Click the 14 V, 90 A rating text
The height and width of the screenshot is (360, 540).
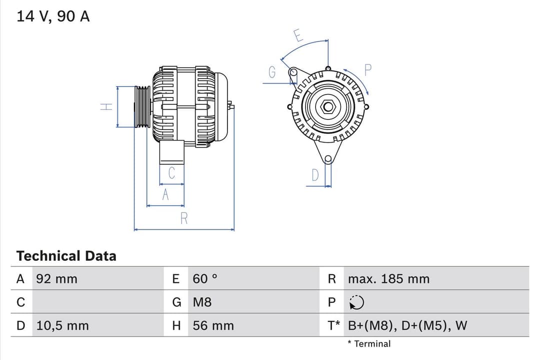pos(53,16)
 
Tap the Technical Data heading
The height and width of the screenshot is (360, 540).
pos(66,256)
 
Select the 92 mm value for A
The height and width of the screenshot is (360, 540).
pos(56,279)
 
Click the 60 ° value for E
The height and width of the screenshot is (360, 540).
pos(205,279)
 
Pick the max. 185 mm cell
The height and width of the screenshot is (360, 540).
pos(388,279)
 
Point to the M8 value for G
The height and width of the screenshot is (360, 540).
pos(202,302)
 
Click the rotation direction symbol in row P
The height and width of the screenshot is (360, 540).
pos(356,302)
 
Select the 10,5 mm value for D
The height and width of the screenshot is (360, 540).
pos(62,326)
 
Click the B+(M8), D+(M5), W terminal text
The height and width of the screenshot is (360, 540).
pos(407,326)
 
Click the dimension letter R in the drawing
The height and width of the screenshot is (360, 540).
pos(183,218)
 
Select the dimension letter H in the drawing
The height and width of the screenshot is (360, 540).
pos(106,107)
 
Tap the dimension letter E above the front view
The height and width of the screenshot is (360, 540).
pos(298,36)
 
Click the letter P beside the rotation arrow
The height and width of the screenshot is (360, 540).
pos(368,70)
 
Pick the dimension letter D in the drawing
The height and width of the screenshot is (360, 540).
pos(315,175)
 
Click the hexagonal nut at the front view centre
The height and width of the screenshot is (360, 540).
pos(328,106)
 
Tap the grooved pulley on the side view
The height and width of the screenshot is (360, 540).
pos(142,106)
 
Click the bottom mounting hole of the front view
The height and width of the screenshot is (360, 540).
pos(327,159)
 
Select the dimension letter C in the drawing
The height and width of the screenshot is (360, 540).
pos(171,173)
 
